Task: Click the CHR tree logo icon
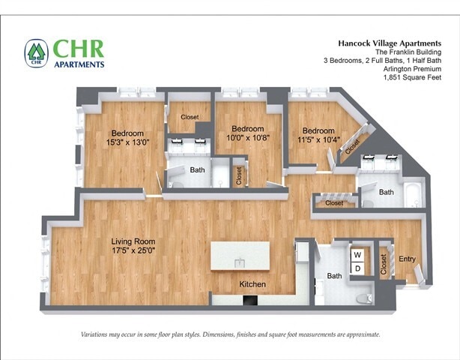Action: pos(36,53)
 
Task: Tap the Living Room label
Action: pos(133,241)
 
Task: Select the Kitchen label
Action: pos(252,284)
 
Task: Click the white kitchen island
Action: pos(240,256)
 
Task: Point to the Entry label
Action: pos(407,259)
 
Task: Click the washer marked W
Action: pos(357,255)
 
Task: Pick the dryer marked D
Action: pos(357,268)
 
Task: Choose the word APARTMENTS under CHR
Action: pos(79,64)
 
